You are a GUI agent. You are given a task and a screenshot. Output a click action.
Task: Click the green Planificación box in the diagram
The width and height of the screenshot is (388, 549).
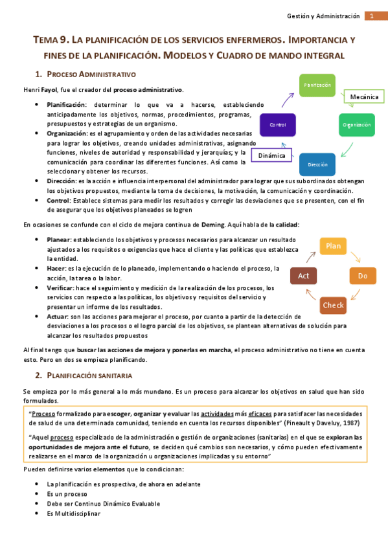317,85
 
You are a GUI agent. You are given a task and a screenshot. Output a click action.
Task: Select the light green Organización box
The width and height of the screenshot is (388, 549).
357,124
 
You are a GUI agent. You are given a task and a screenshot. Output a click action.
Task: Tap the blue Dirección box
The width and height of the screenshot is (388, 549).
317,164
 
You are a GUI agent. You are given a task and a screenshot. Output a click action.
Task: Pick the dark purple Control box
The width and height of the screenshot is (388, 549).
277,124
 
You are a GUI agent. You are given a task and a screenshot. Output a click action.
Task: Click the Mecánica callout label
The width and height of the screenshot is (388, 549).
364,96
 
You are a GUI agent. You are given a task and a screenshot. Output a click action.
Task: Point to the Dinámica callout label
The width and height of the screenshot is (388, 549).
272,156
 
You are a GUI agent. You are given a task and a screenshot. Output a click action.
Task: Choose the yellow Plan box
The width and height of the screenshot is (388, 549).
333,246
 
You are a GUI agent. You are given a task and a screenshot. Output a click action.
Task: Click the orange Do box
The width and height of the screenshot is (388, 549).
362,276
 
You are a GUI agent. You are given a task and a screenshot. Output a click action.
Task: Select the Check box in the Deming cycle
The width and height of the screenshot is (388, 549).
333,305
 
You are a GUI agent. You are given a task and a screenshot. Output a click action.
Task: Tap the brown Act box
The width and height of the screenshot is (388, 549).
303,276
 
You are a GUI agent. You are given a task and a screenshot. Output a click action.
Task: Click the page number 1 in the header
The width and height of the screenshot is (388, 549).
373,16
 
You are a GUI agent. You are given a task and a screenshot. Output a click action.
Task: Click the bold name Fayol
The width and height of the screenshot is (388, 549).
49,89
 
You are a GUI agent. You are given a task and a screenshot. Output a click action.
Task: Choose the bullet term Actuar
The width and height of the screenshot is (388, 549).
58,316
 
